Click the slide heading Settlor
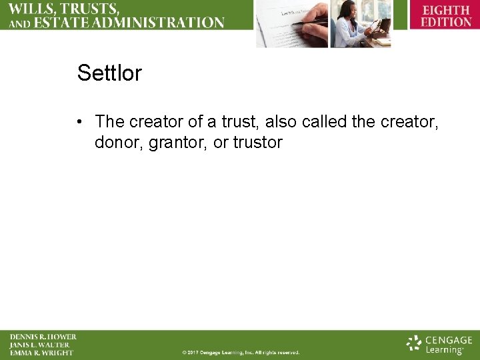pyautogui.click(x=109, y=73)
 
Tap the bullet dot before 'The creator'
pyautogui.click(x=79, y=122)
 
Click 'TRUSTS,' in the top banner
pyautogui.click(x=90, y=9)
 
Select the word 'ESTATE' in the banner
pyautogui.click(x=63, y=23)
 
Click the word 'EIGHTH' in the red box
pyautogui.click(x=445, y=11)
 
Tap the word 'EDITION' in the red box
pyautogui.click(x=445, y=22)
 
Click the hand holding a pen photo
pyautogui.click(x=291, y=23)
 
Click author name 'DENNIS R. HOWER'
pyautogui.click(x=43, y=337)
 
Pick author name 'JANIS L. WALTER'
pyautogui.click(x=39, y=345)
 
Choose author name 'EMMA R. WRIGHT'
pyautogui.click(x=41, y=353)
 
